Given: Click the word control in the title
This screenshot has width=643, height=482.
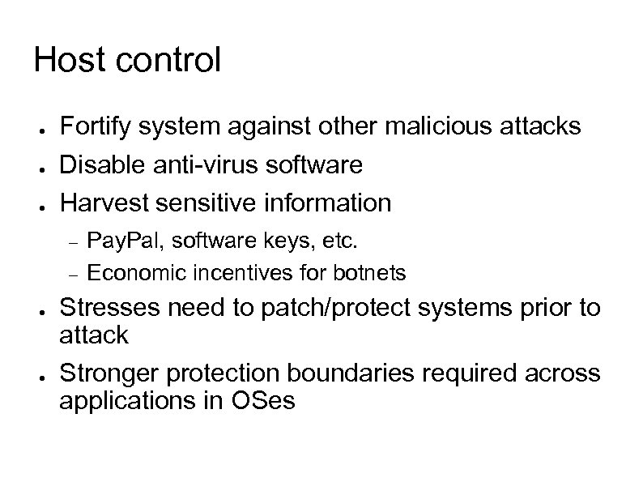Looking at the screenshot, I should pos(166,60).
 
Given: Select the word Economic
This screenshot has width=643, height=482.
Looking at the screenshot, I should pos(135,274).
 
